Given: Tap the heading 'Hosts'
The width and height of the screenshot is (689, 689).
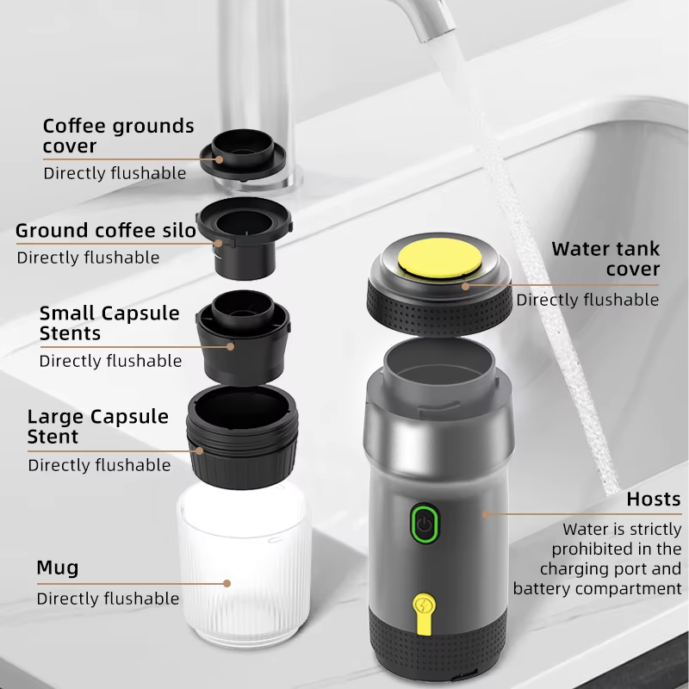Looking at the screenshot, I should tap(654, 500).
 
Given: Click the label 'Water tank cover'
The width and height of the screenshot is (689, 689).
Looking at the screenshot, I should tap(605, 259).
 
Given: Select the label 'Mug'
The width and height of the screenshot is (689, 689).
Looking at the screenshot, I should tap(58, 568).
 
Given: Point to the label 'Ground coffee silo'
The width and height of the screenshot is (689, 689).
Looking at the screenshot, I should tap(106, 230).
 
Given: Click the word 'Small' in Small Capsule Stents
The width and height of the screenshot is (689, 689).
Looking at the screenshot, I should tap(67, 313).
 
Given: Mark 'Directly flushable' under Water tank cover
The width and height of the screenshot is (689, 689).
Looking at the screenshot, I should tap(587, 300).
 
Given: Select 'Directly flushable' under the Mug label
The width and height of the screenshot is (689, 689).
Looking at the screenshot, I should tap(108, 599).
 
